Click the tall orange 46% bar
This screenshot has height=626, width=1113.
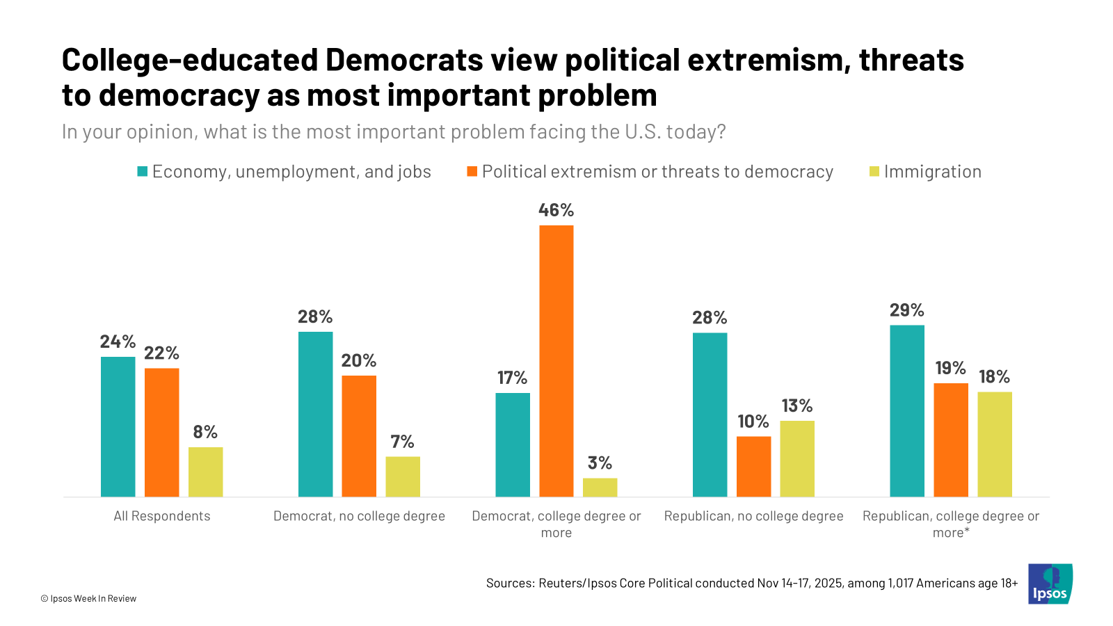pos(556,360)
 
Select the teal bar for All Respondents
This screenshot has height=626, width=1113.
pos(118,426)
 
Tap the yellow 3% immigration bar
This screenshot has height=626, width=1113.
pos(600,487)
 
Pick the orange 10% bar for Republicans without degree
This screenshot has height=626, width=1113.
pos(753,466)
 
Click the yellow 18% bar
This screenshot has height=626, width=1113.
pos(995,444)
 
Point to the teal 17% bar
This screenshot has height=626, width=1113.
pos(513,444)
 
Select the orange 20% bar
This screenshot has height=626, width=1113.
pos(359,435)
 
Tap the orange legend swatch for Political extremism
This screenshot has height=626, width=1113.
pos(472,171)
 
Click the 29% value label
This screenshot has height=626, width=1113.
pos(907,310)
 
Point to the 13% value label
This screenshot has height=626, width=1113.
pos(797,406)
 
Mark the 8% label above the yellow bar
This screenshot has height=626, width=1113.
pos(205,432)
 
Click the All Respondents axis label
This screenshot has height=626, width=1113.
pos(162,516)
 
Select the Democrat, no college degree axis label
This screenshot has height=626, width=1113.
pos(359,516)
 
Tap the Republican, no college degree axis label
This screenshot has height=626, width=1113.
pos(753,516)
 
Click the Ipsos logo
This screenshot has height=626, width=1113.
pos(1050,584)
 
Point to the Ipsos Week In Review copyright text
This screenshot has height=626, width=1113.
pos(88,598)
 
